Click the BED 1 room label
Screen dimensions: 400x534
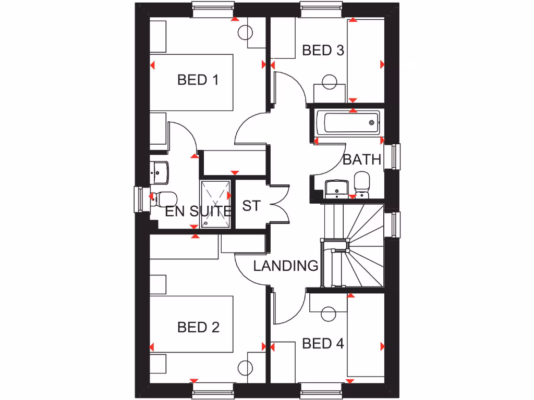pyautogui.click(x=198, y=80)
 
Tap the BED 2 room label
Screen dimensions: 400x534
pyautogui.click(x=198, y=327)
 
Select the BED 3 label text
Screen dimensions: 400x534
pyautogui.click(x=323, y=51)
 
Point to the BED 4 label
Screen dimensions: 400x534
pyautogui.click(x=323, y=344)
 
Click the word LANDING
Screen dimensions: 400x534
pyautogui.click(x=286, y=266)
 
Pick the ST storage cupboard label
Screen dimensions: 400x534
pyautogui.click(x=251, y=206)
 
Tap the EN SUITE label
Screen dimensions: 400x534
pyautogui.click(x=199, y=211)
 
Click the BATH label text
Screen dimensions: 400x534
pyautogui.click(x=362, y=159)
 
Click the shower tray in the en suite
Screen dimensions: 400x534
pyautogui.click(x=215, y=204)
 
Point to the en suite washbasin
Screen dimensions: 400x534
pyautogui.click(x=159, y=172)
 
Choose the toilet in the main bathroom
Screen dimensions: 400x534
pyautogui.click(x=361, y=184)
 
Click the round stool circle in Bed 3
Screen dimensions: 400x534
pyautogui.click(x=330, y=82)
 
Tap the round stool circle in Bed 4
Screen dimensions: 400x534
pyautogui.click(x=329, y=314)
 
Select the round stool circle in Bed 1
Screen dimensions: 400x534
pyautogui.click(x=245, y=33)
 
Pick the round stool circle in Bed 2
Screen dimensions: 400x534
pyautogui.click(x=245, y=368)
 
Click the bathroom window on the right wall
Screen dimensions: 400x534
pyautogui.click(x=392, y=157)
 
